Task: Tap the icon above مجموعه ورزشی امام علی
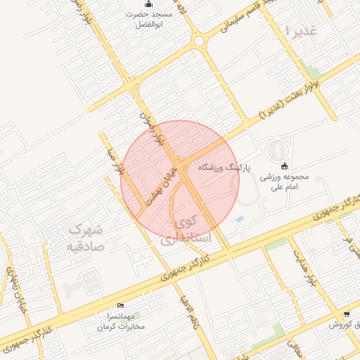point(284,167)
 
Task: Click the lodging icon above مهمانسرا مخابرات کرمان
point(120,306)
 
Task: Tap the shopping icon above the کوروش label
point(346,315)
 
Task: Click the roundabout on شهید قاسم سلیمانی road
point(199,41)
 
